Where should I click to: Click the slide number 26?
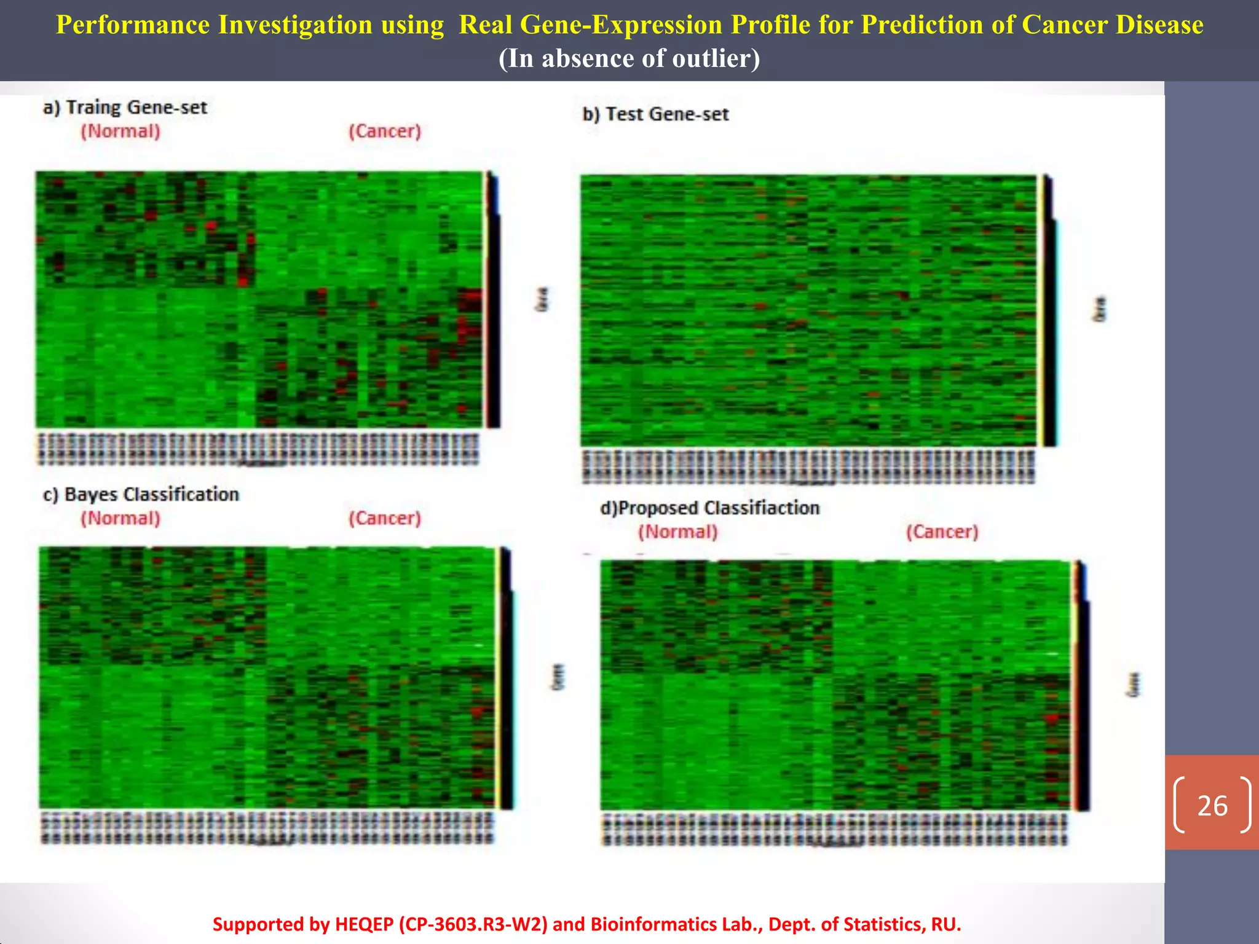[1212, 806]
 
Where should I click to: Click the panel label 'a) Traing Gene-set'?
[125, 108]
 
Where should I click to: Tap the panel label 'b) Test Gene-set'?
[655, 114]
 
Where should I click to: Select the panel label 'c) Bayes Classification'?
[141, 494]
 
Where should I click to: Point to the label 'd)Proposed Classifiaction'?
[710, 508]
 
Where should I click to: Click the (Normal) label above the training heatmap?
[120, 131]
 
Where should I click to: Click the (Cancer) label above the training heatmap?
[385, 131]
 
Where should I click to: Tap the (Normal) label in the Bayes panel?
[120, 518]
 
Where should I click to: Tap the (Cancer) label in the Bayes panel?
[385, 518]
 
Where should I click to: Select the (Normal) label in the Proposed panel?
[677, 532]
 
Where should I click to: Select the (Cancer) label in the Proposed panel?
[942, 532]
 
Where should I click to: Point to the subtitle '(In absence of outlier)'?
[629, 59]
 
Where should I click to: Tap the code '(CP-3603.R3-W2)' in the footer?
[473, 924]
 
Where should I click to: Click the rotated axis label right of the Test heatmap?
[1100, 309]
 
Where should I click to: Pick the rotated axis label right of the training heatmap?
[542, 299]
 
